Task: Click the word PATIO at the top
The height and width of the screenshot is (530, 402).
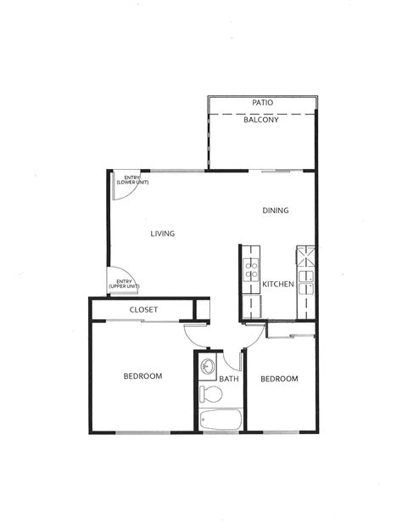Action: [262, 103]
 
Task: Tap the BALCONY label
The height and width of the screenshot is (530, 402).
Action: [261, 120]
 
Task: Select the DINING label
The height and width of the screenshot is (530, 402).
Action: [276, 211]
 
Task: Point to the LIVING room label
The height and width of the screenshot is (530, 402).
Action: [163, 234]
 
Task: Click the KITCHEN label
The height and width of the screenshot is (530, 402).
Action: [277, 285]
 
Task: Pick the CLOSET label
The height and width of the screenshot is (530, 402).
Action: [143, 310]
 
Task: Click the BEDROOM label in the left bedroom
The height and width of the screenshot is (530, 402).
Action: [142, 375]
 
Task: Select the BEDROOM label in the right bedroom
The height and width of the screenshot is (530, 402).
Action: [279, 379]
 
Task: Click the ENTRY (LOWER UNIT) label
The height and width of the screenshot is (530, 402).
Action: [127, 179]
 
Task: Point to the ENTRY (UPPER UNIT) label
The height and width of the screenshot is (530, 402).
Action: [124, 284]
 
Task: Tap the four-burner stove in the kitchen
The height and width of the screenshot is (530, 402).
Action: [251, 270]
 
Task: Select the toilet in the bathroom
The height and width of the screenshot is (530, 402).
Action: [209, 394]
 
